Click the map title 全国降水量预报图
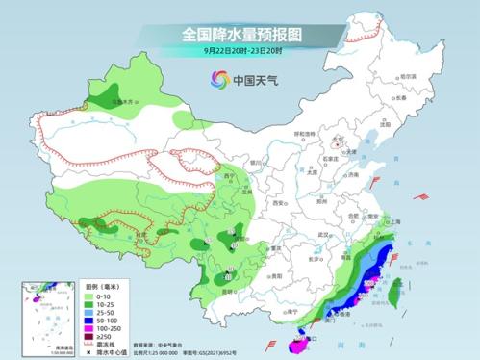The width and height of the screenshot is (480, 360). tap(240, 34)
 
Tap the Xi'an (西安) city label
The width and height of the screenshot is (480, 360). tap(278, 205)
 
